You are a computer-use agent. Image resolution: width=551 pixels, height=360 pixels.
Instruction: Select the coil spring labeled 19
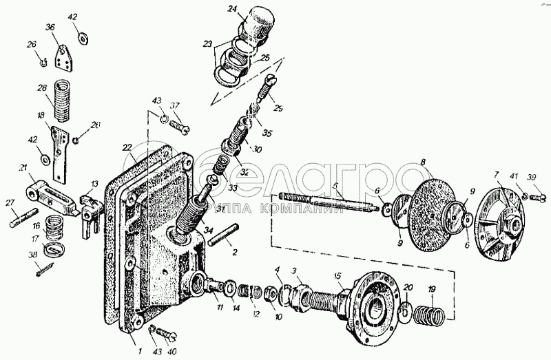coord(432,316)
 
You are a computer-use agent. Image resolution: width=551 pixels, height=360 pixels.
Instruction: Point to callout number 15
coord(338,276)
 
